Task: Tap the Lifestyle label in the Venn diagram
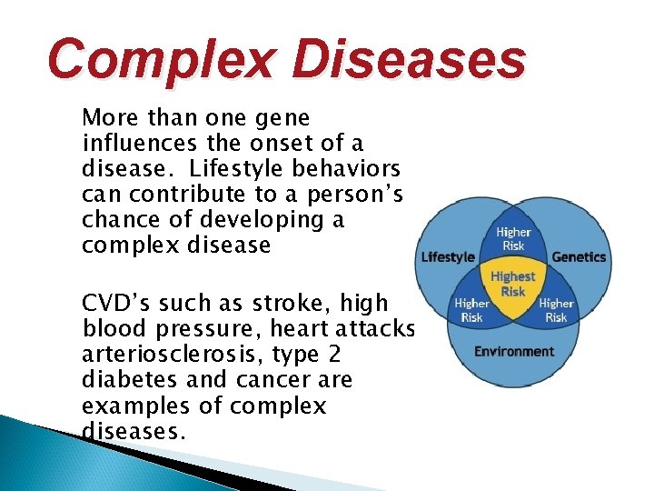[x=448, y=257]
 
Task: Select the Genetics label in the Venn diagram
[x=578, y=257]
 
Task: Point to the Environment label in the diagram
[x=513, y=351]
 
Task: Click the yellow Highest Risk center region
[x=513, y=284]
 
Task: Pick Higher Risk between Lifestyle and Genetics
[x=513, y=238]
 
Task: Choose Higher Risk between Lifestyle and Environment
[x=472, y=310]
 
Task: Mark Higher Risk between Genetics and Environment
[x=555, y=310]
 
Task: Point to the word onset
[x=262, y=143]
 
